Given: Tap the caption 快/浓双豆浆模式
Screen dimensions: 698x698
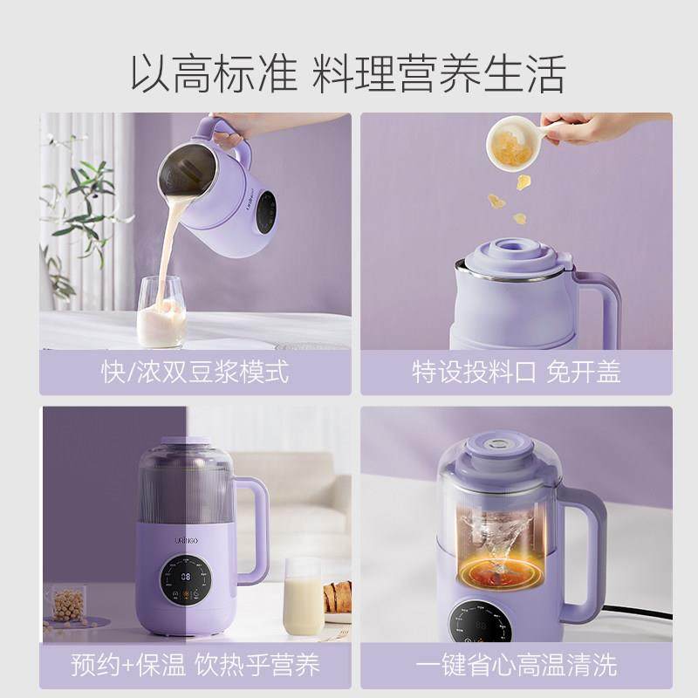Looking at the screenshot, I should tap(195, 372).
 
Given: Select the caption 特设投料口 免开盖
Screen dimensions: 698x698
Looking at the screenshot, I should tap(517, 372).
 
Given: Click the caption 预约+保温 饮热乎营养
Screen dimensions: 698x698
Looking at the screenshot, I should tap(195, 666).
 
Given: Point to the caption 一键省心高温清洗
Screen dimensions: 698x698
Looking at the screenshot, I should tap(517, 666).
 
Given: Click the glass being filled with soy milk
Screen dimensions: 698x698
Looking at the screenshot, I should tap(161, 314).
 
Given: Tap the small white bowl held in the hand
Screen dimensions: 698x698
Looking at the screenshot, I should tap(511, 143).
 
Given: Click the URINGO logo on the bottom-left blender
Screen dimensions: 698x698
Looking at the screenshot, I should tap(186, 543).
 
